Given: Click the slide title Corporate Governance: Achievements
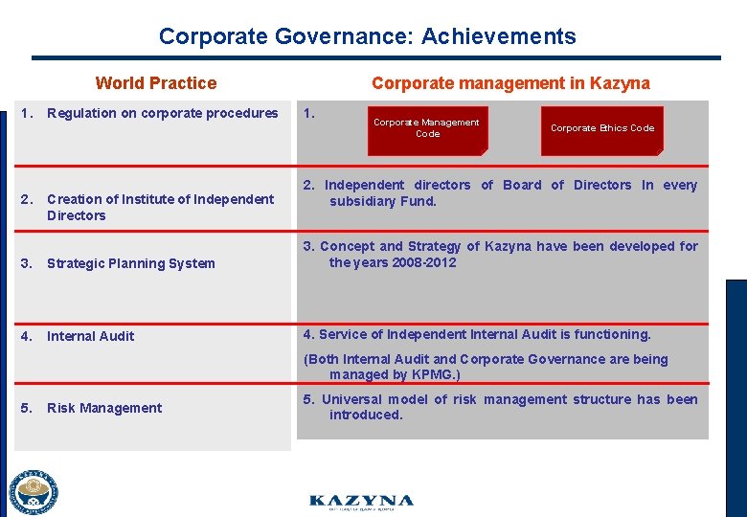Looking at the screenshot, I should point(367,36).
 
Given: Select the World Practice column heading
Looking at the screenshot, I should point(156,83).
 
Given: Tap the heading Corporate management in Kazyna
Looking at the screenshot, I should point(510,83).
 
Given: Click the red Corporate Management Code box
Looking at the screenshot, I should point(427,128).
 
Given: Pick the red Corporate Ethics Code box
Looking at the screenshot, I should point(602,128).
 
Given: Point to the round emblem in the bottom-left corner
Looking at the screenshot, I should point(34,492).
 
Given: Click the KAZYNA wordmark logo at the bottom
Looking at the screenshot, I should point(361,502).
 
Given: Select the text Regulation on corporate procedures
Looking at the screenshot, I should point(162,113).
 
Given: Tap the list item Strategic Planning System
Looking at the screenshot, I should point(130,263).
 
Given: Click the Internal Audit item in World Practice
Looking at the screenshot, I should point(90,336).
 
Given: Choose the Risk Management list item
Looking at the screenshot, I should point(104,408).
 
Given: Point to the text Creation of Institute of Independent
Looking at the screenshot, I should point(160,199).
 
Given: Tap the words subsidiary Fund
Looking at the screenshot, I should point(383,201).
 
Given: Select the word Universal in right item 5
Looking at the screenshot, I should point(351,399).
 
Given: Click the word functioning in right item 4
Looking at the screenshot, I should point(613,334).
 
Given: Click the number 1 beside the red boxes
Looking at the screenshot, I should point(308,113).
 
